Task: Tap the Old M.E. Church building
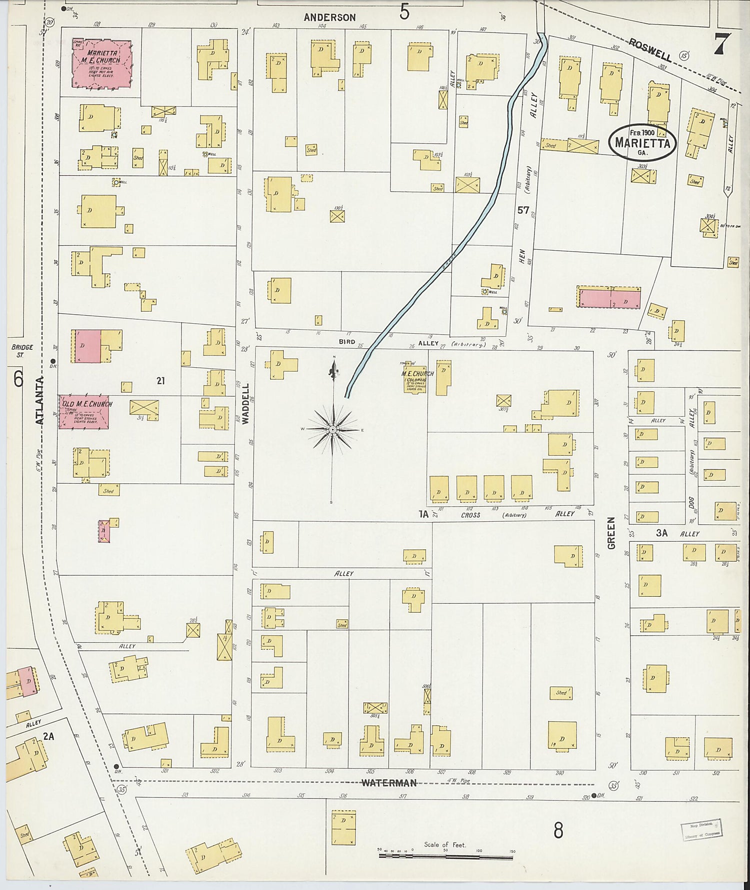point(84,412)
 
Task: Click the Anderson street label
point(330,18)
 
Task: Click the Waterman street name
point(389,783)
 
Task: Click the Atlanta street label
point(40,401)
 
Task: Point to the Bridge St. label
point(22,351)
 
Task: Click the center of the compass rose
point(332,430)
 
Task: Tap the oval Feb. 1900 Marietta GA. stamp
point(642,142)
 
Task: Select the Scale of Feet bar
point(445,857)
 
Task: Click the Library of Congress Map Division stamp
point(701,831)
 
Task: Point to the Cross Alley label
point(470,515)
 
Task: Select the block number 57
point(523,210)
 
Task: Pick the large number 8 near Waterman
point(558,830)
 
